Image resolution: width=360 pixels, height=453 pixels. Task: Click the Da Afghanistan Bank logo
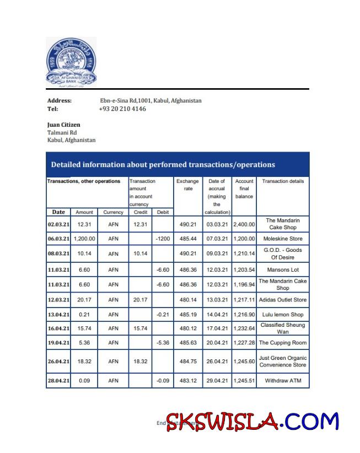pos(71,62)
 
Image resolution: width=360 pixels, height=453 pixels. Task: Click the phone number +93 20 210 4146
pos(122,109)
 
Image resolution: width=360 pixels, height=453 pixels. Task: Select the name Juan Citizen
pos(63,125)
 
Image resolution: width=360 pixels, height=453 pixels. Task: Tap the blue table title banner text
pos(163,164)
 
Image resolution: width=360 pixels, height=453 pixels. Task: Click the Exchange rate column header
pos(187,185)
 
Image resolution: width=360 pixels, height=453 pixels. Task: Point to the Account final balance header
pos(244,188)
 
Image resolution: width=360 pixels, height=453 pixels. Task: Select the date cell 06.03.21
pos(58,239)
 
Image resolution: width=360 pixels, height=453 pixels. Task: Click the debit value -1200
pos(163,239)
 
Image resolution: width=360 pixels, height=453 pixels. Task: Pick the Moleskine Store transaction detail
pos(282,239)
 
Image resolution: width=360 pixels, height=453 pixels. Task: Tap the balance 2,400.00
pos(244,224)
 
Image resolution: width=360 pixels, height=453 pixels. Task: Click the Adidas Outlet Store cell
pos(282,300)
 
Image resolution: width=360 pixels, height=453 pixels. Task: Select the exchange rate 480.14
pos(187,300)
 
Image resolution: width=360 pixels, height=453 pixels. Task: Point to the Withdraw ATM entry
pos(282,381)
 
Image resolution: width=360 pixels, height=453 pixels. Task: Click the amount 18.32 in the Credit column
pos(140,362)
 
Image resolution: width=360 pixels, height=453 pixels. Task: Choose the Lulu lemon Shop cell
pos(282,315)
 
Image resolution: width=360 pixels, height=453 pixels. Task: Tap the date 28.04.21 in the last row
pos(58,381)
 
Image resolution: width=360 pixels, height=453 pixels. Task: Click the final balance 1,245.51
pos(244,381)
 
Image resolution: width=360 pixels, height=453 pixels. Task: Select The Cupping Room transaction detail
pos(282,343)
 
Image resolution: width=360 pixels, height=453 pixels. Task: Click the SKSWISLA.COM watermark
pos(252,422)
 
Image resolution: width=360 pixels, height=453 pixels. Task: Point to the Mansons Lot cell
pos(282,270)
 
